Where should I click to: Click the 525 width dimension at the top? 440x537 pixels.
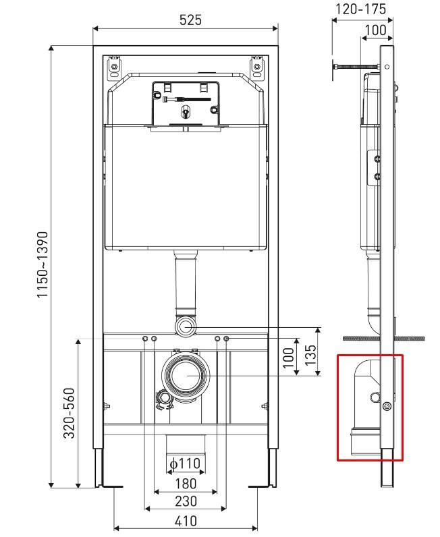coord(190,20)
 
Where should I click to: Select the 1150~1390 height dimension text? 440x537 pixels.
coord(43,264)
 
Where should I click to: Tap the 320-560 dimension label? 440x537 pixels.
coord(70,413)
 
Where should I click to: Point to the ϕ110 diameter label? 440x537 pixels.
coord(185,463)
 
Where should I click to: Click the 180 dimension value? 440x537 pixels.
coord(186,484)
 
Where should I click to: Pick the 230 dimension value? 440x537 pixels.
coord(186,501)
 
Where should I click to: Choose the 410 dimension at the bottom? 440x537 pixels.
coord(186,521)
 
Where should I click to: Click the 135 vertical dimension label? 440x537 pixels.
coord(310,355)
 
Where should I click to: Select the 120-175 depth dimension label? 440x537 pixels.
coord(360,9)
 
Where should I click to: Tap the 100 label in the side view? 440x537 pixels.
coord(376,30)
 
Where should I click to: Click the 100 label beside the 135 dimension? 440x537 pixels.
coord(289,358)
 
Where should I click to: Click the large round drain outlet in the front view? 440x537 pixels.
coord(186,375)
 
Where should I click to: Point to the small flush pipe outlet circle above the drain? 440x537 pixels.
coord(186,326)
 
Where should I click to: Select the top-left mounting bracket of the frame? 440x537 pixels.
coord(114,66)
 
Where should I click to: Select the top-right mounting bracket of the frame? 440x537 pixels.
coord(256,66)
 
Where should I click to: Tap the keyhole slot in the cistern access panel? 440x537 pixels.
coord(186,111)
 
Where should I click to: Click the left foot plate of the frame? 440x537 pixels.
coord(109,486)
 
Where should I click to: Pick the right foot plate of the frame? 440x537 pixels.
coord(262,486)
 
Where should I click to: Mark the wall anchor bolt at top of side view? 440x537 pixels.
coord(356,67)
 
